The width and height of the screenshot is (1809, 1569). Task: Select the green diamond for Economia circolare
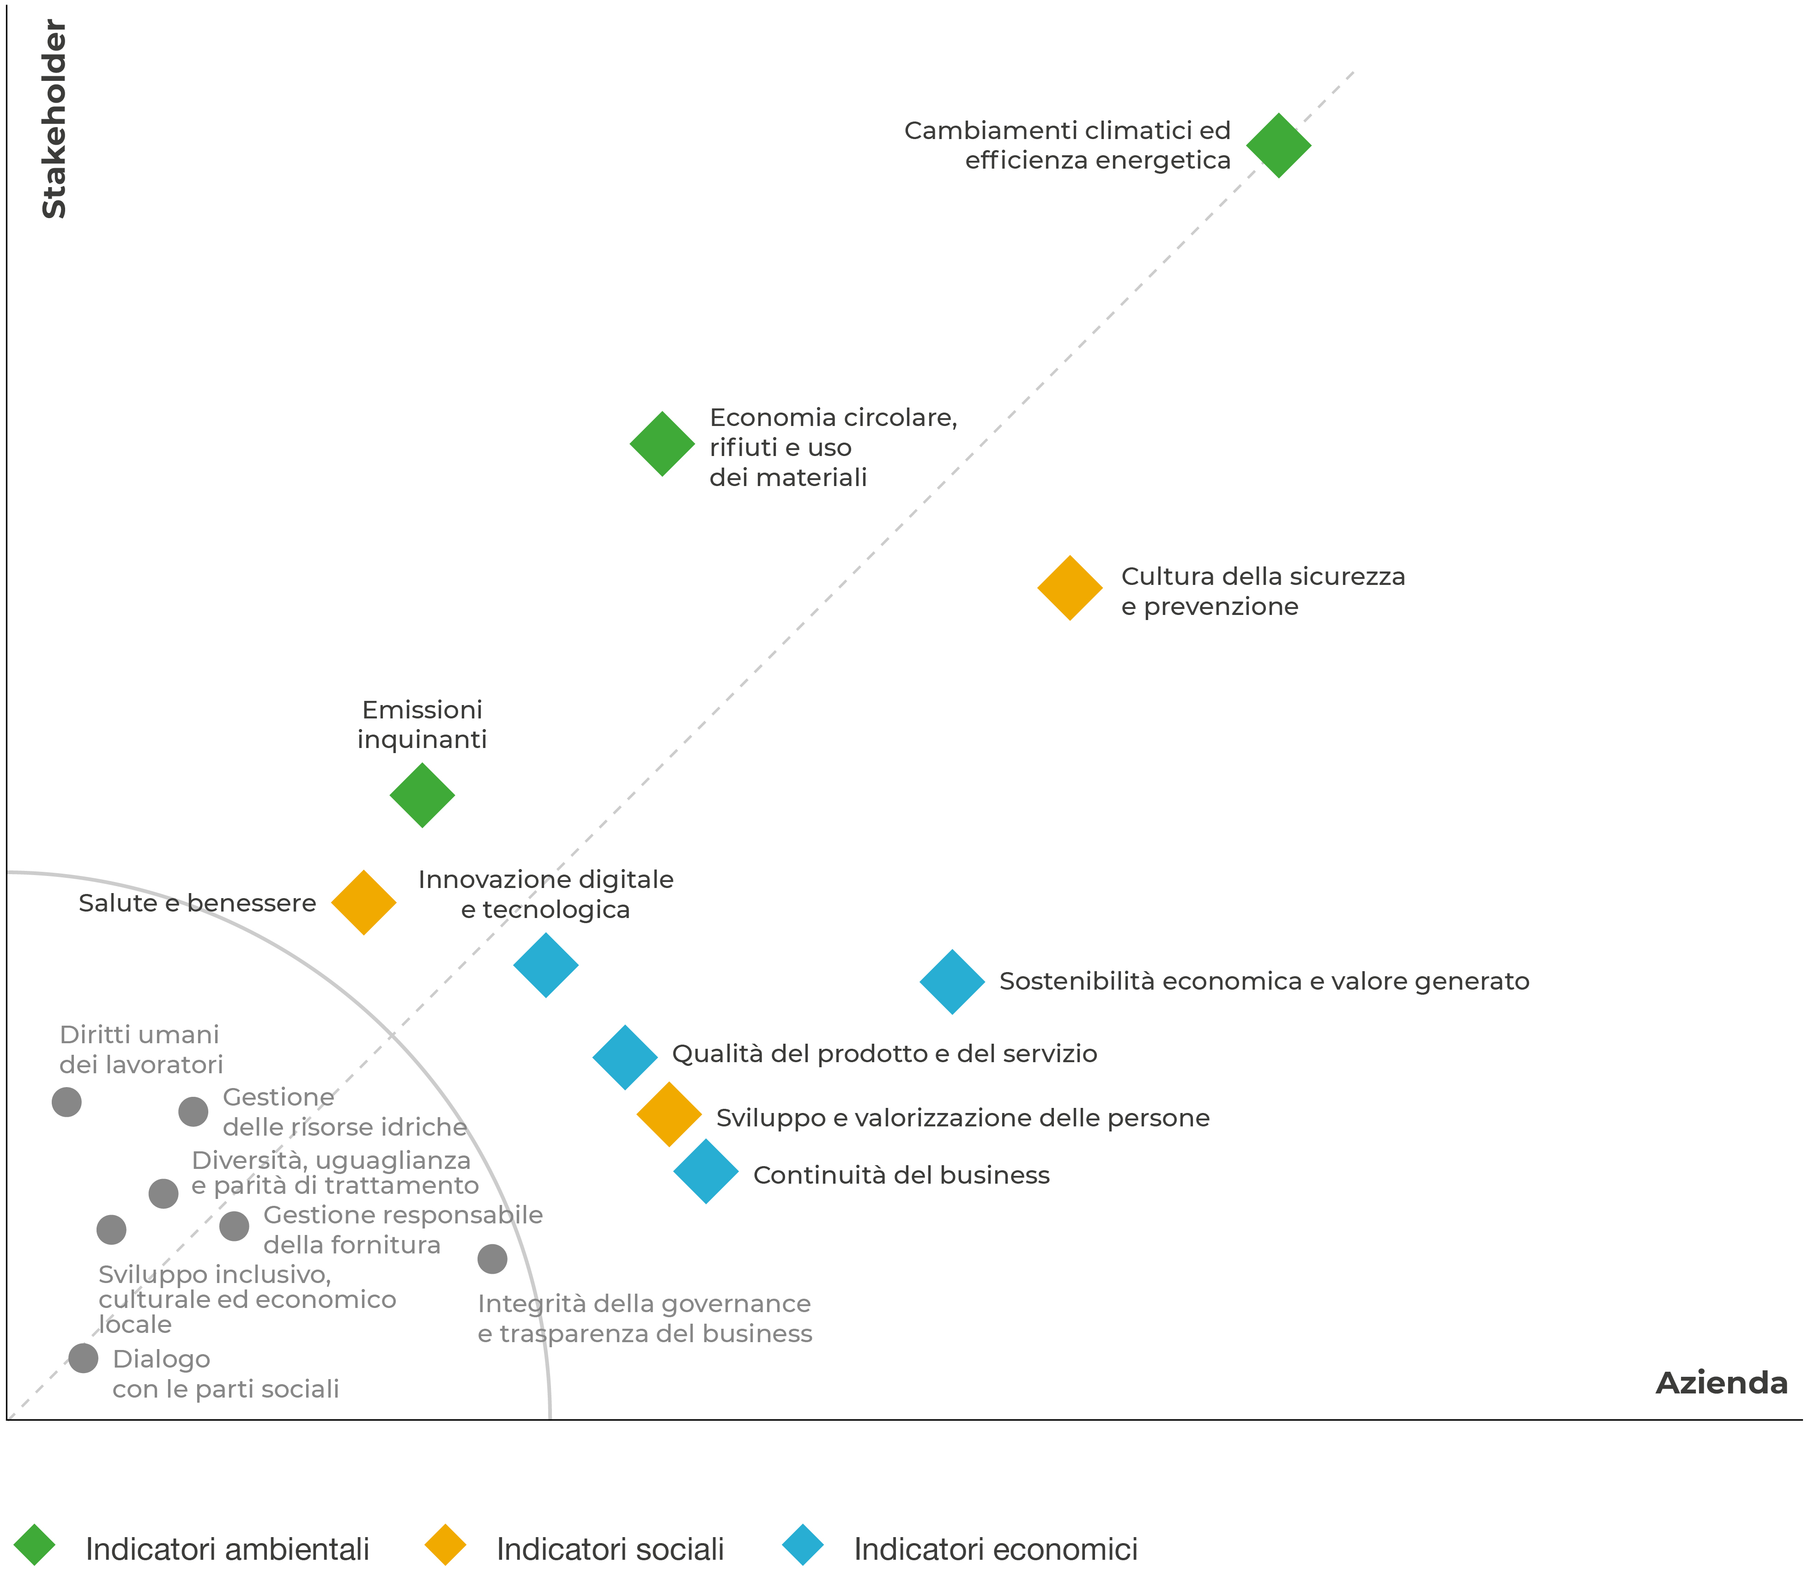click(663, 444)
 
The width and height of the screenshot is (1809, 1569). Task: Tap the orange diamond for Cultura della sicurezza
click(1070, 589)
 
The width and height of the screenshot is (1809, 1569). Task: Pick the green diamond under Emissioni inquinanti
click(422, 795)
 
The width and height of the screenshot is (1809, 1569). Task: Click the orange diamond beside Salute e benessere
click(363, 903)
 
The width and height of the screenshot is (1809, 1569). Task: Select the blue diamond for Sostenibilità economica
click(952, 981)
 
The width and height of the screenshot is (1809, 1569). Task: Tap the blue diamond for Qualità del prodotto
click(625, 1057)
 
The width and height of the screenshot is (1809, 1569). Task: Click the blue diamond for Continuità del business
click(705, 1172)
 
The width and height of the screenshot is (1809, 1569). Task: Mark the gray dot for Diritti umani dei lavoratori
click(67, 1101)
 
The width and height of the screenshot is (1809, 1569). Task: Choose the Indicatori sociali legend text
click(610, 1549)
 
